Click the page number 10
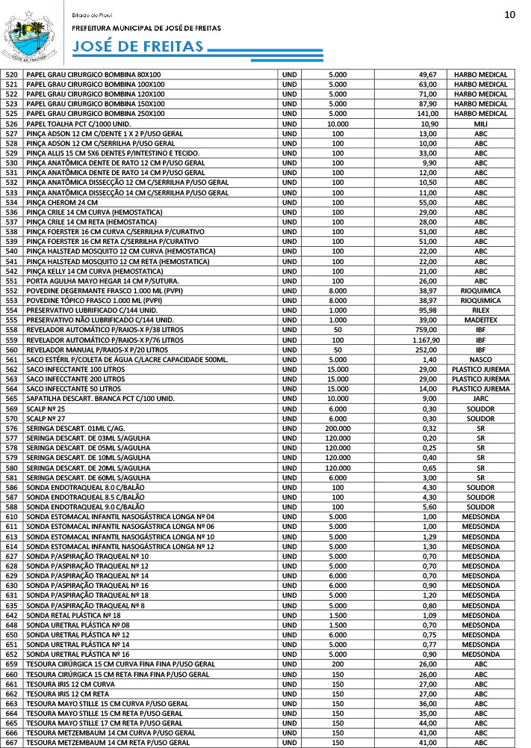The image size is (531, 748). pyautogui.click(x=509, y=14)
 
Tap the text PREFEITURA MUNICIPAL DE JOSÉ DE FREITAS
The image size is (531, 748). pyautogui.click(x=146, y=28)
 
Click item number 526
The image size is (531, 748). pyautogui.click(x=11, y=123)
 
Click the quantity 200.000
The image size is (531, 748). pyautogui.click(x=338, y=429)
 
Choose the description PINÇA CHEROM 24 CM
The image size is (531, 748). pyautogui.click(x=62, y=203)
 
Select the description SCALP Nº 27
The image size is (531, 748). pyautogui.click(x=46, y=419)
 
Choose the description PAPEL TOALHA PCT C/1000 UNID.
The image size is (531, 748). pyautogui.click(x=78, y=123)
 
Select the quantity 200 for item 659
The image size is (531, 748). pyautogui.click(x=338, y=664)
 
